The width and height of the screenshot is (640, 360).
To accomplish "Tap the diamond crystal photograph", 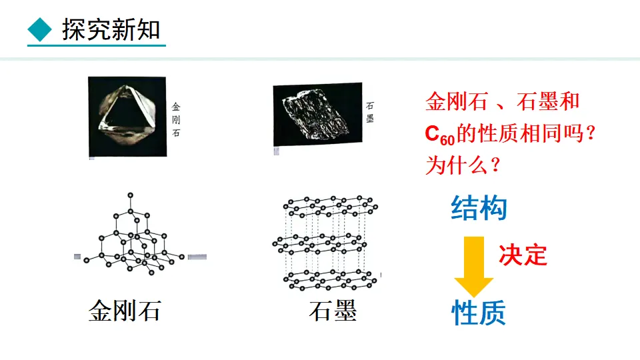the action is (127, 116).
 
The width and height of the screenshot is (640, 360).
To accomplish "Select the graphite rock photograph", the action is (317, 115).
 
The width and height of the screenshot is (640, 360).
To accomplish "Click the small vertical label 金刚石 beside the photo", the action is (176, 119).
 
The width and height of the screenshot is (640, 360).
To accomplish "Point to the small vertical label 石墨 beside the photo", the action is (370, 112).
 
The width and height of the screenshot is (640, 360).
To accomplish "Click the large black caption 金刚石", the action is (125, 311).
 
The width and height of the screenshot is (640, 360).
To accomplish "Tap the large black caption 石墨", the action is (333, 311).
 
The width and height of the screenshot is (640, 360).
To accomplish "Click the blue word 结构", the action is (479, 209).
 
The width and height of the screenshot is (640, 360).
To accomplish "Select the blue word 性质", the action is (479, 312).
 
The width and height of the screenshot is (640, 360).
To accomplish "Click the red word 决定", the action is (523, 254).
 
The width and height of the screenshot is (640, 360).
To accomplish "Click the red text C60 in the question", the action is (440, 135).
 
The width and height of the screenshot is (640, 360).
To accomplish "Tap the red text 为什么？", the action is (463, 165).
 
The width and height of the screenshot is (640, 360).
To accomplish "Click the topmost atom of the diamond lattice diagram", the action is (130, 195).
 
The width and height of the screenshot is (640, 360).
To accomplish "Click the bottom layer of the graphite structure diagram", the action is (330, 280).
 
